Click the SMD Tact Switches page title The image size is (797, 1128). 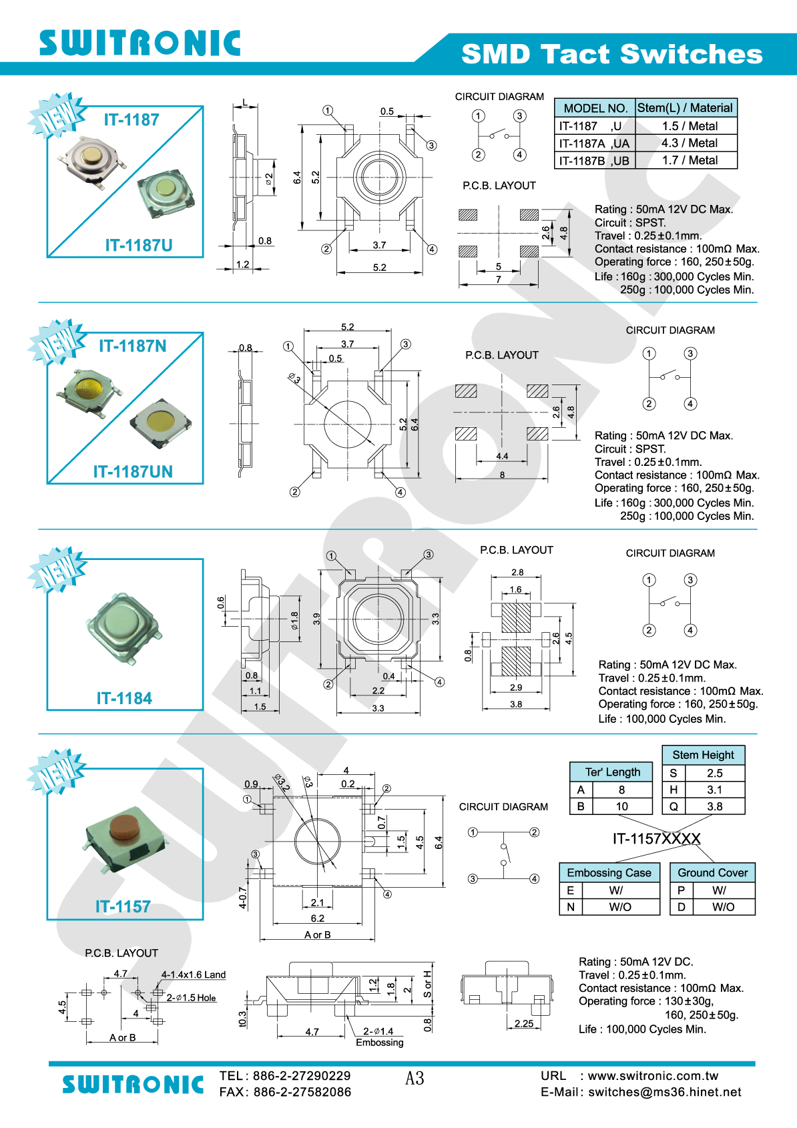point(611,54)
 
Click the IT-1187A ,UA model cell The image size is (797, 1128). point(594,144)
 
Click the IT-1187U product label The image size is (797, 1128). point(139,246)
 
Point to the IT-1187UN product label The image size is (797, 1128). point(133,472)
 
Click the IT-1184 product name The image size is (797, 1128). point(124,698)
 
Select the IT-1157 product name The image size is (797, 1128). point(123,906)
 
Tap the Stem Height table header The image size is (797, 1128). point(703,755)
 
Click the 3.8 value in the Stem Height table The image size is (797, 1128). point(714,806)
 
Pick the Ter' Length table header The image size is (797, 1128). point(612,772)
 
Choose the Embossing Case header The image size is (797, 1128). point(609,873)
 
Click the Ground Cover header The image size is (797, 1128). point(712,873)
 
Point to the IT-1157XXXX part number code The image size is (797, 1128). point(656,839)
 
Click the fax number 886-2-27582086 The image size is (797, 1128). point(302,1092)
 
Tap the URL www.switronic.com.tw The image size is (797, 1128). point(653,1076)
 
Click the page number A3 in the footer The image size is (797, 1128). point(415,1078)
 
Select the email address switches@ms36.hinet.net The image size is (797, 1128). point(664,1092)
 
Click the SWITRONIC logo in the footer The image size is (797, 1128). point(133,1085)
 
